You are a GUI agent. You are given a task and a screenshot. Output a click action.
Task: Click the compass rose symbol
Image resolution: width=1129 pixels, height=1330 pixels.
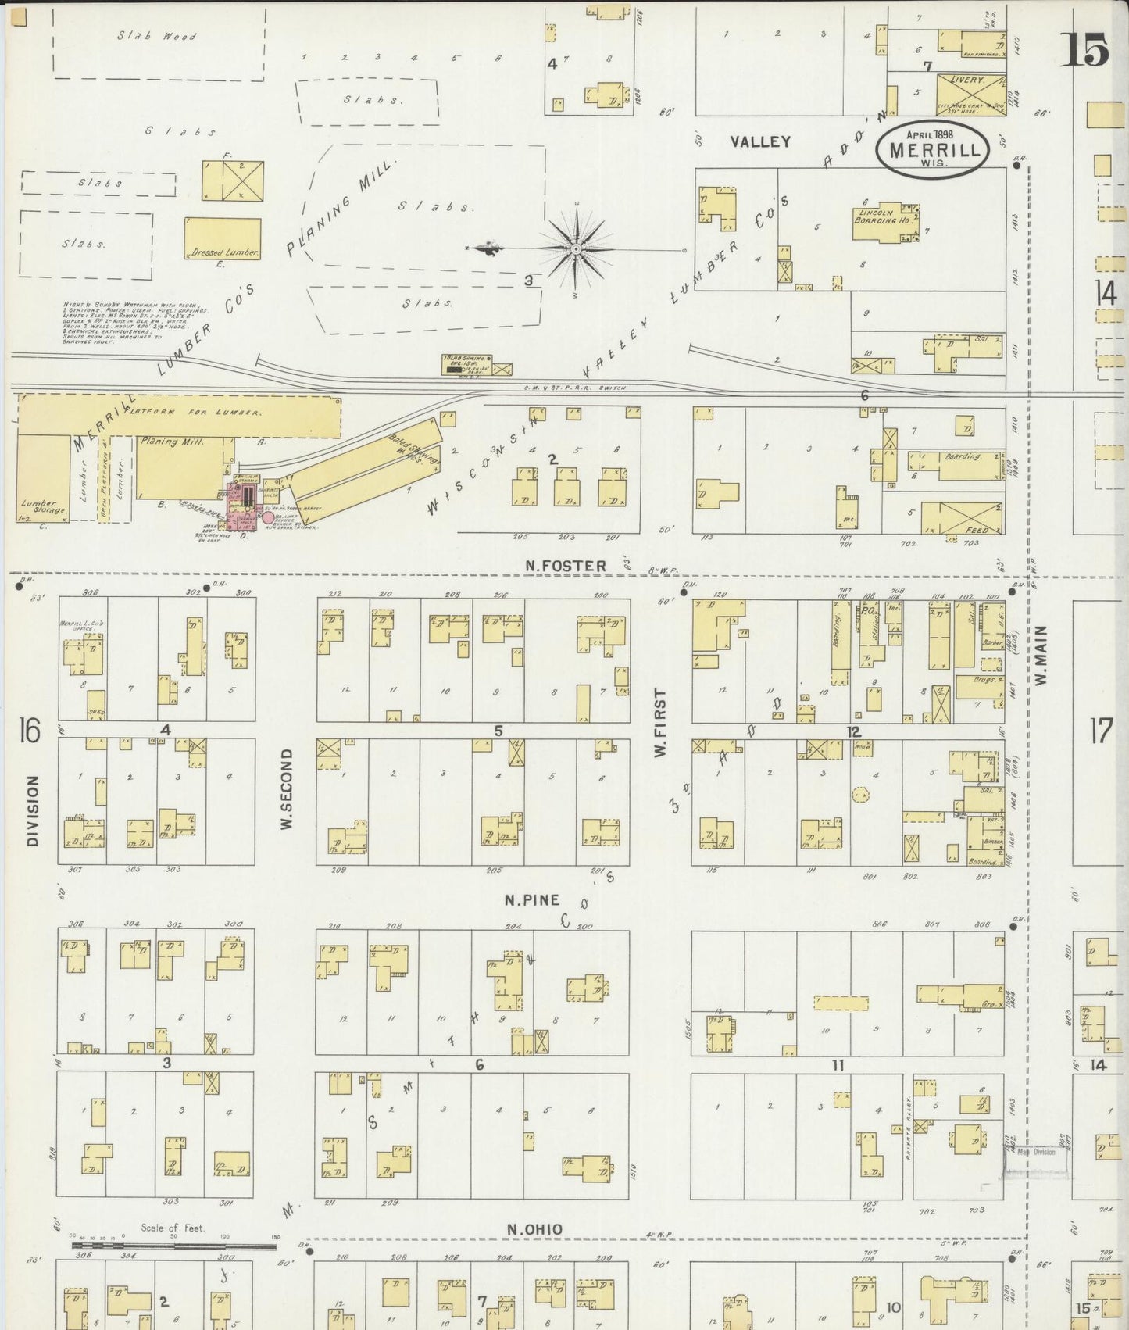(576, 249)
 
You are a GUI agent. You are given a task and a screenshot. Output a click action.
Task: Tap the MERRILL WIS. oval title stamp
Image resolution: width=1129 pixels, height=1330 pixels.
(932, 148)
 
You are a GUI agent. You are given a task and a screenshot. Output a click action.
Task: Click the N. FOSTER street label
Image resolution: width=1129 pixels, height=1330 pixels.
(566, 566)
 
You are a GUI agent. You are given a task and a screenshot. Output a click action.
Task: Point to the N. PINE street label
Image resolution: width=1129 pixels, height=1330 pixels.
(531, 900)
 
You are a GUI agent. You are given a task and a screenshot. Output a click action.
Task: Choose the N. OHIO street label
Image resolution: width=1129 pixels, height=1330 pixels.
(534, 1230)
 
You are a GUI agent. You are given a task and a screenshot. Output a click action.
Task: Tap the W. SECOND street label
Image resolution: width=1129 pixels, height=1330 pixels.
(286, 789)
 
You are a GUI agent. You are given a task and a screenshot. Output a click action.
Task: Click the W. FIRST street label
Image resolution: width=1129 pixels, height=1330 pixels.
(660, 721)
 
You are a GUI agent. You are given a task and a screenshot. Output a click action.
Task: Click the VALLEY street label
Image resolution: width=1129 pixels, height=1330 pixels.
(760, 141)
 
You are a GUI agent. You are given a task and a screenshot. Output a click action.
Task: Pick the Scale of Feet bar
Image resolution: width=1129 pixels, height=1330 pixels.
(173, 1246)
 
